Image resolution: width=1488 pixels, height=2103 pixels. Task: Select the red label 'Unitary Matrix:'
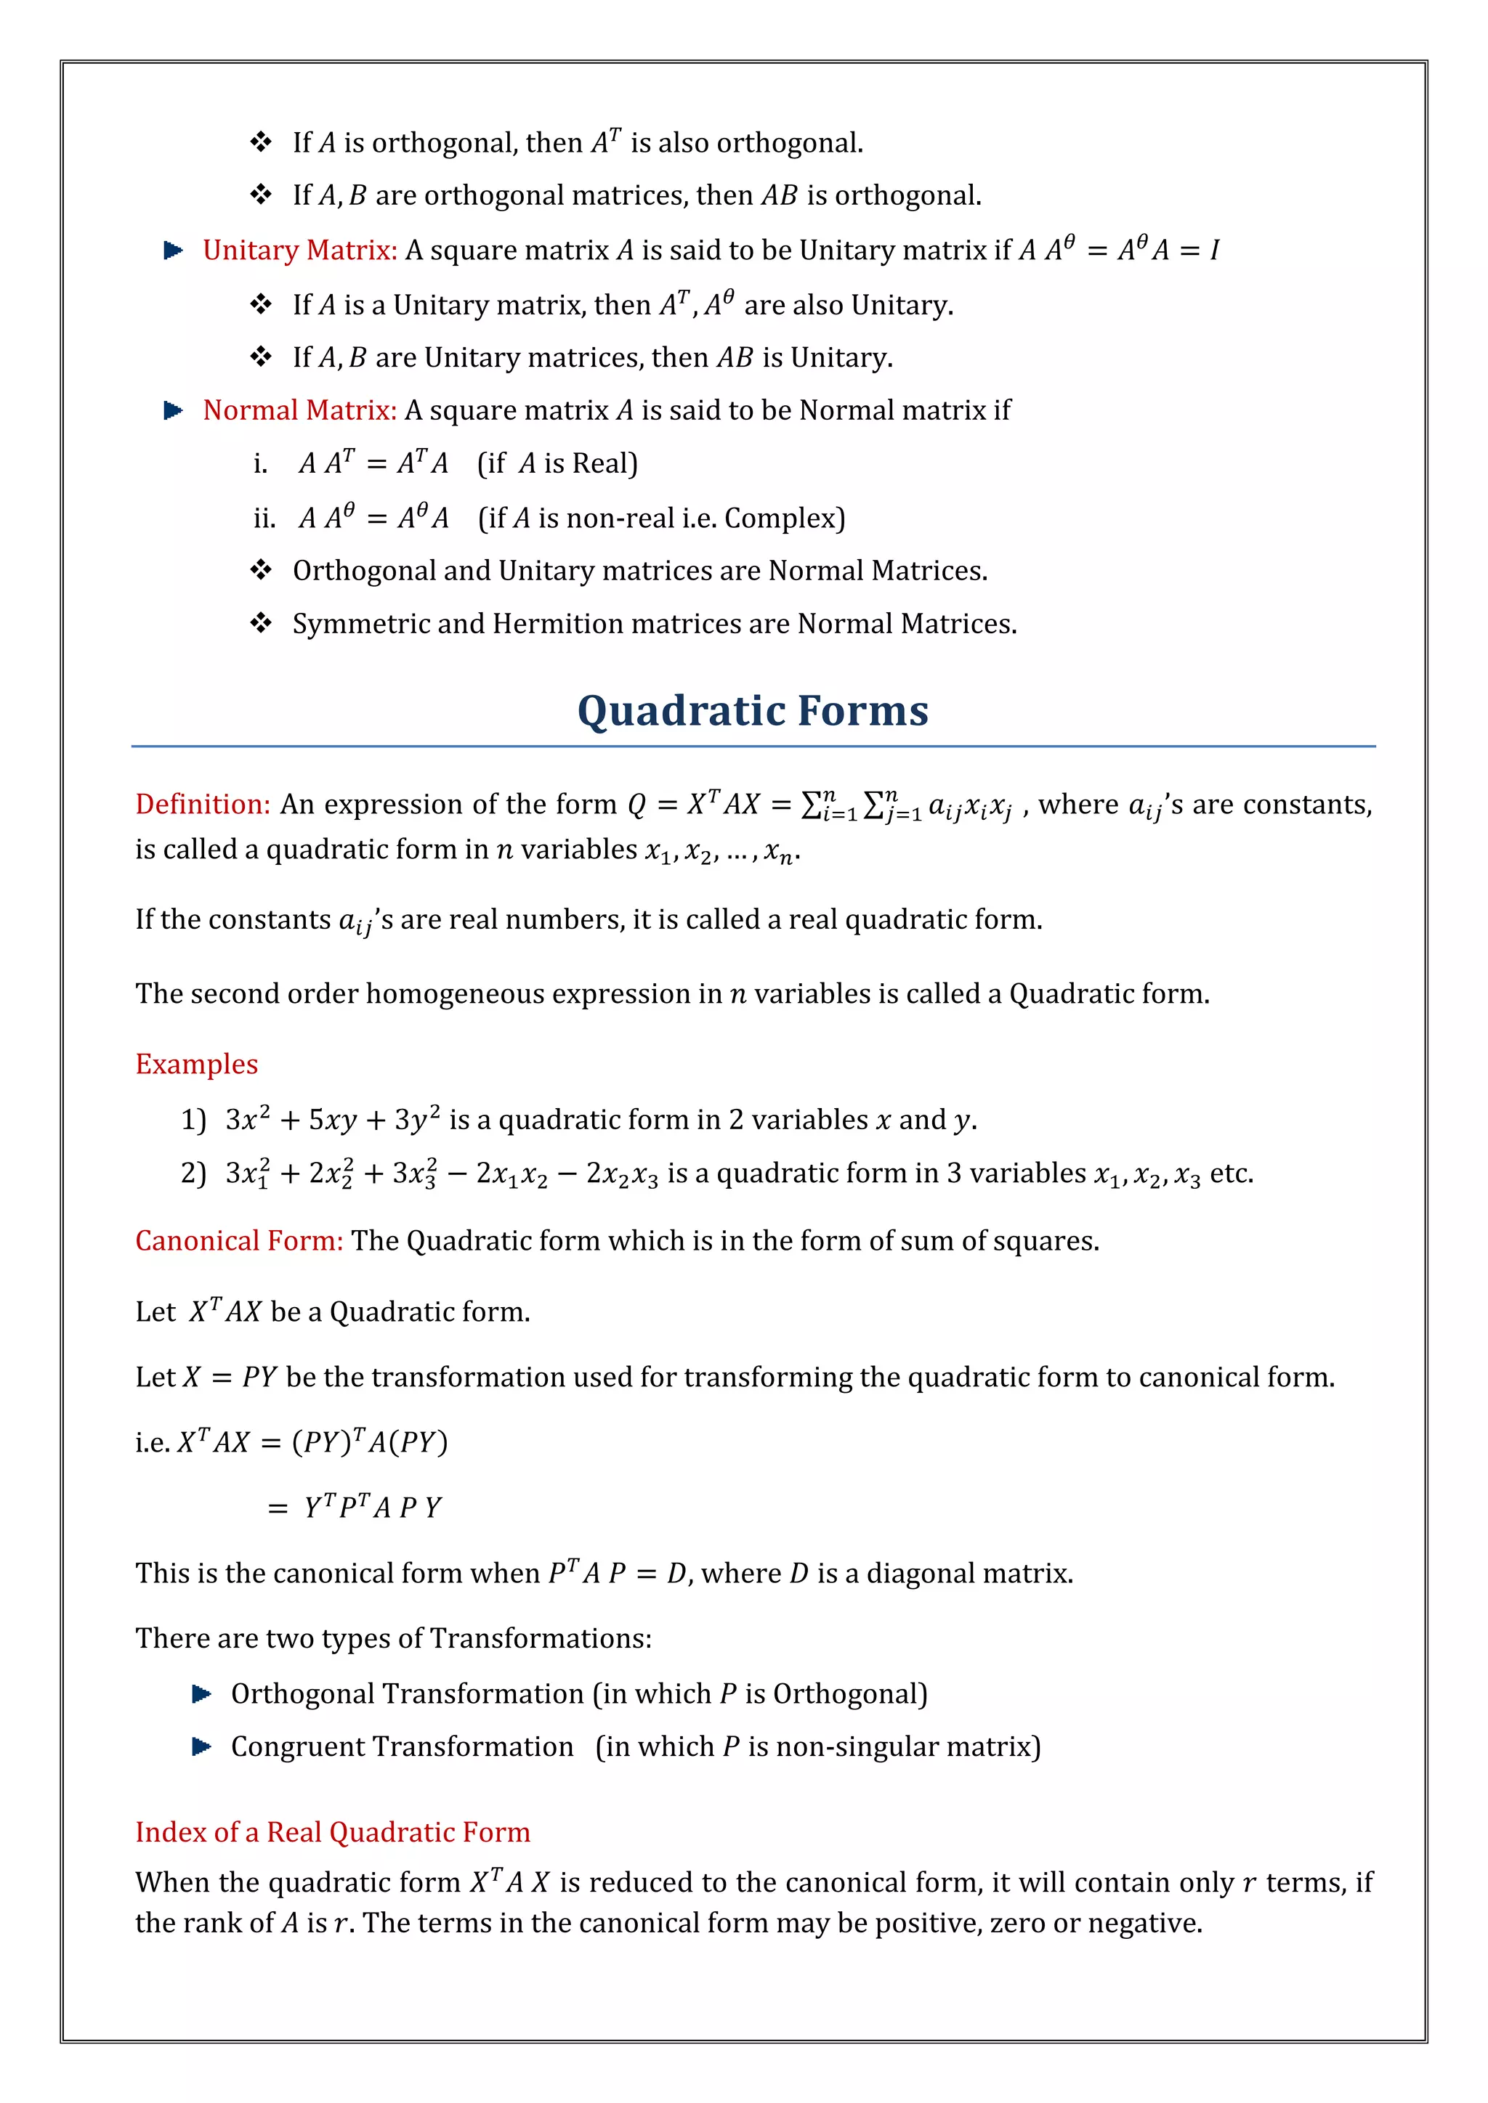pos(299,250)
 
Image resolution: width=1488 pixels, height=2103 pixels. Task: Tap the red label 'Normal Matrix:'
pos(299,410)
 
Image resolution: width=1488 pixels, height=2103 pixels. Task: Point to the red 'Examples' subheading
pos(196,1065)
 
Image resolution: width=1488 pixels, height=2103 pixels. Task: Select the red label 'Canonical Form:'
pos(238,1241)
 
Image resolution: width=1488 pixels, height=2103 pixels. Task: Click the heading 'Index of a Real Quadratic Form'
pos(333,1832)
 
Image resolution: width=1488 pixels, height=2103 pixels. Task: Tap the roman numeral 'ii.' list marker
pos(264,519)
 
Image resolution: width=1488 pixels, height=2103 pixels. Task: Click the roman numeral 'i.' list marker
pos(260,464)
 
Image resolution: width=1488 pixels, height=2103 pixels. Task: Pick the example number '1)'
pos(193,1120)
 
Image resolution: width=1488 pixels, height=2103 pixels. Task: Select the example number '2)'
pos(193,1173)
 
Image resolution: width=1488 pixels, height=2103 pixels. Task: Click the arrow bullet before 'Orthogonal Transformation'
pos(201,1694)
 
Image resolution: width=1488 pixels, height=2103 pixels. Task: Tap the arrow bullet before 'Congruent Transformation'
pos(201,1746)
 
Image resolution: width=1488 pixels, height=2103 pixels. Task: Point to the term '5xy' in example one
pos(332,1121)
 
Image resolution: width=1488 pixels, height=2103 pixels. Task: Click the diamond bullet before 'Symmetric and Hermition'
pos(261,624)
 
